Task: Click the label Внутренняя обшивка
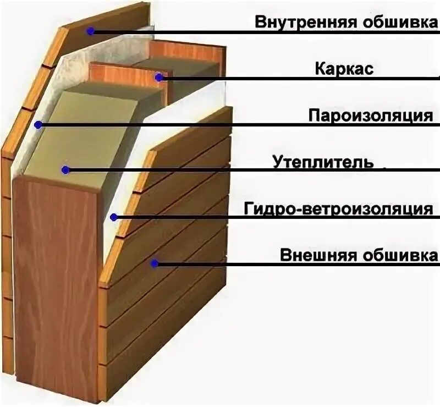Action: [346, 22]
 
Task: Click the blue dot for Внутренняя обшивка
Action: [91, 31]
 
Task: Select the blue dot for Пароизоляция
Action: [38, 125]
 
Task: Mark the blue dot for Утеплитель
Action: [65, 170]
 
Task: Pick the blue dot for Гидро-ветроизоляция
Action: [113, 217]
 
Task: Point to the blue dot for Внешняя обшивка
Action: [155, 264]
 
